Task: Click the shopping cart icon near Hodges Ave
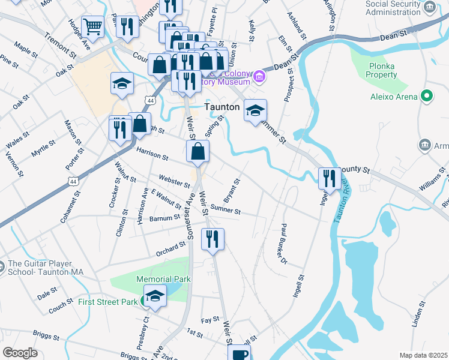point(92,26)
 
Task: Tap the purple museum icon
point(259,76)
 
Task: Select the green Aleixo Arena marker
point(427,96)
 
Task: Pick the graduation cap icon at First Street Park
point(155,296)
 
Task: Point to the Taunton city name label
point(223,107)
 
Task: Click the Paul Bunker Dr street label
point(284,243)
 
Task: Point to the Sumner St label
point(226,211)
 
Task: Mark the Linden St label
point(418,314)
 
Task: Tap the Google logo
point(20,353)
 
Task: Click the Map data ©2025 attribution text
point(423,355)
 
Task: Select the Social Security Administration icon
point(429,7)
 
